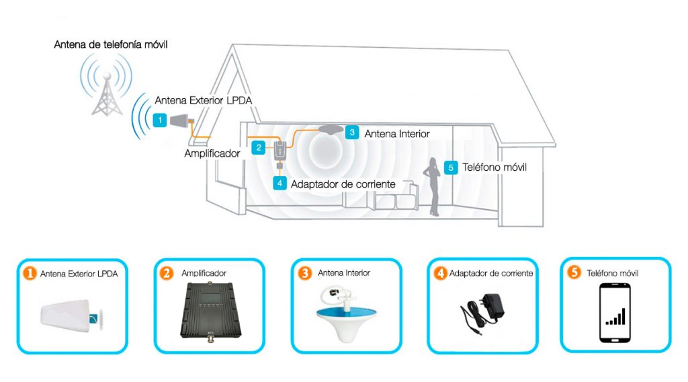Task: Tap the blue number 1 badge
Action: [160, 120]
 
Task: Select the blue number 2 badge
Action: [259, 147]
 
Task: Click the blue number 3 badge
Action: [352, 132]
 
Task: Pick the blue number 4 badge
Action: [279, 183]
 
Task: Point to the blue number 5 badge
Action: [451, 167]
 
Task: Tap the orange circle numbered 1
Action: [30, 273]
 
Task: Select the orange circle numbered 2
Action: [167, 273]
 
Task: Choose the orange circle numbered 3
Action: [304, 273]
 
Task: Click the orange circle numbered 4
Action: [440, 273]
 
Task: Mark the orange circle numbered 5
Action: [574, 272]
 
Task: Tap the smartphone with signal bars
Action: [615, 313]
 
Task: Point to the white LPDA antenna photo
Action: [72, 315]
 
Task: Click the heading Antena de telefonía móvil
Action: [111, 44]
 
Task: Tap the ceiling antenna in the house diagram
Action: [331, 129]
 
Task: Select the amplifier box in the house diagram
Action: [280, 151]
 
